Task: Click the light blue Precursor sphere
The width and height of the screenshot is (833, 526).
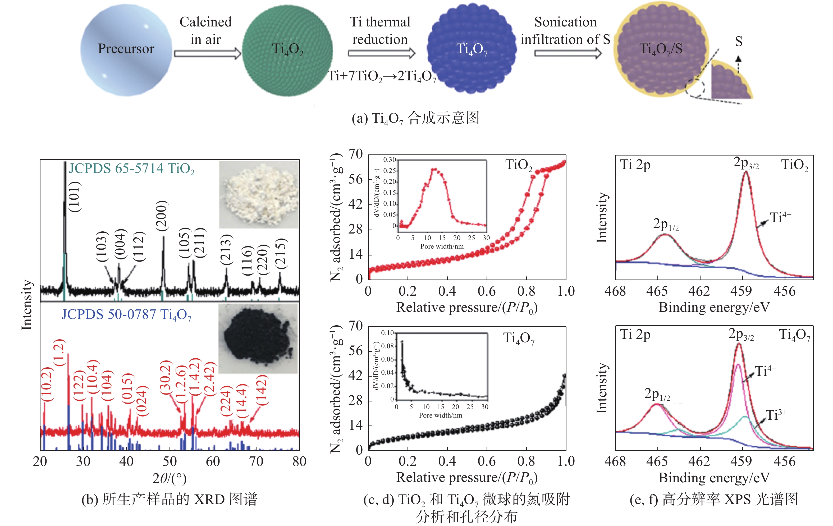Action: tap(126, 50)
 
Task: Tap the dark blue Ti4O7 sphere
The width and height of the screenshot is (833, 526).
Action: tap(472, 48)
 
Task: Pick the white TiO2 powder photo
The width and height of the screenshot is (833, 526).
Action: tap(259, 194)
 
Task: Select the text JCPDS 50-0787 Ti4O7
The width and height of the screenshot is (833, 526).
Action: tap(126, 315)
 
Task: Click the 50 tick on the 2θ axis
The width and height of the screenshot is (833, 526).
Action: tap(170, 461)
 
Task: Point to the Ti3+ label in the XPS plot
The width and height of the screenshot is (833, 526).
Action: tap(776, 414)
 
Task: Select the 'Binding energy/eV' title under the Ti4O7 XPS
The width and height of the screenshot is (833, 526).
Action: tap(714, 478)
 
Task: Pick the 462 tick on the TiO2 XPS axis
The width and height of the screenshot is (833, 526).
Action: tap(699, 291)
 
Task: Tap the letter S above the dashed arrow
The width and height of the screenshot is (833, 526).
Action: tap(739, 42)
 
